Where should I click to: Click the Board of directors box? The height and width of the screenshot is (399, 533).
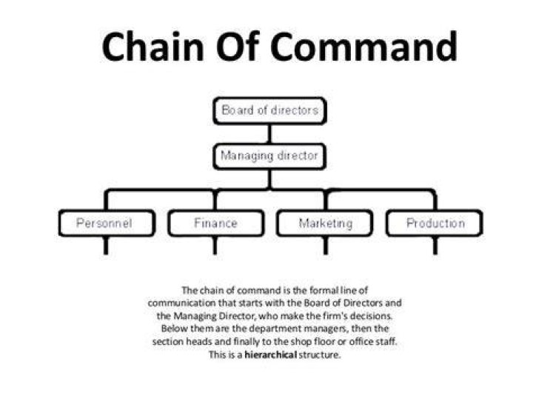pyautogui.click(x=270, y=111)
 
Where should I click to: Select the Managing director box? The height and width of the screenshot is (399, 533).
pyautogui.click(x=269, y=156)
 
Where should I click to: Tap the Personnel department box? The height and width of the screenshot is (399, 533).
pyautogui.click(x=107, y=223)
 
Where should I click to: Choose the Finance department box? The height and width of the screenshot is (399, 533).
pyautogui.click(x=216, y=223)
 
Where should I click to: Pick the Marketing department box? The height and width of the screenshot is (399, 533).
pyautogui.click(x=325, y=223)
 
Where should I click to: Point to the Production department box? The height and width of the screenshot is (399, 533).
pyautogui.click(x=435, y=223)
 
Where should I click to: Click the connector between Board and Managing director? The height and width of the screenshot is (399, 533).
pyautogui.click(x=270, y=134)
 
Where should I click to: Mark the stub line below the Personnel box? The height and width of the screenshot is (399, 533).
pyautogui.click(x=106, y=245)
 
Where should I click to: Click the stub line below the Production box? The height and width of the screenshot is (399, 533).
pyautogui.click(x=435, y=245)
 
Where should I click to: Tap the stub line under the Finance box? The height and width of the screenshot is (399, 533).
pyautogui.click(x=215, y=245)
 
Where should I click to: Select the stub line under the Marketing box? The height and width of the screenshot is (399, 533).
pyautogui.click(x=326, y=245)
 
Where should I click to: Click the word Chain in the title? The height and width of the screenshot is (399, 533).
pyautogui.click(x=153, y=46)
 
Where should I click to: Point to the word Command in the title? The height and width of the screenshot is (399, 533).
pyautogui.click(x=363, y=46)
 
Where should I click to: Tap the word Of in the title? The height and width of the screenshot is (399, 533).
pyautogui.click(x=238, y=46)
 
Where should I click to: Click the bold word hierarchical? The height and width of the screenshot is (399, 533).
pyautogui.click(x=271, y=355)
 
